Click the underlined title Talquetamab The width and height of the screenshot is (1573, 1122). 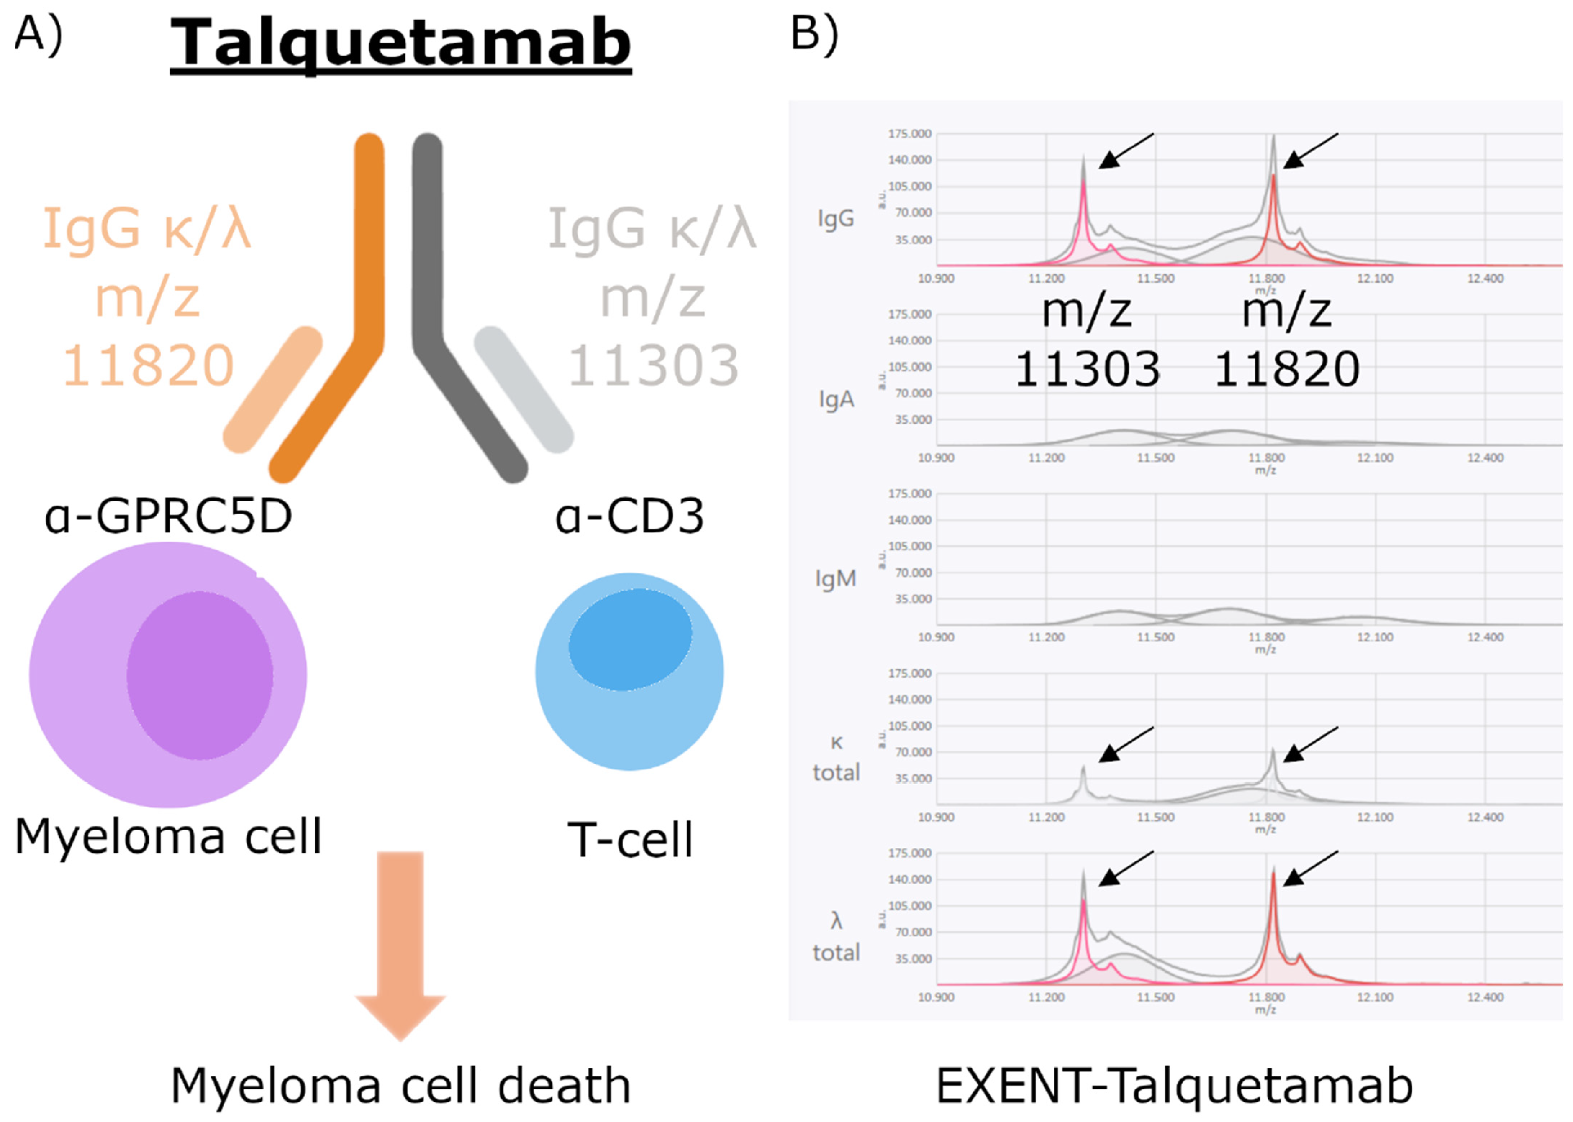[x=400, y=43]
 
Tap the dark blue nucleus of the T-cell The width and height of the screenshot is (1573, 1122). [x=630, y=639]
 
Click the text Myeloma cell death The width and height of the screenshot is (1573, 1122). [x=400, y=1086]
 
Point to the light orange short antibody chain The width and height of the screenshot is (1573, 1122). [x=273, y=390]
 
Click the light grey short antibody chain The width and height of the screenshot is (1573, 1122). [x=523, y=390]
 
